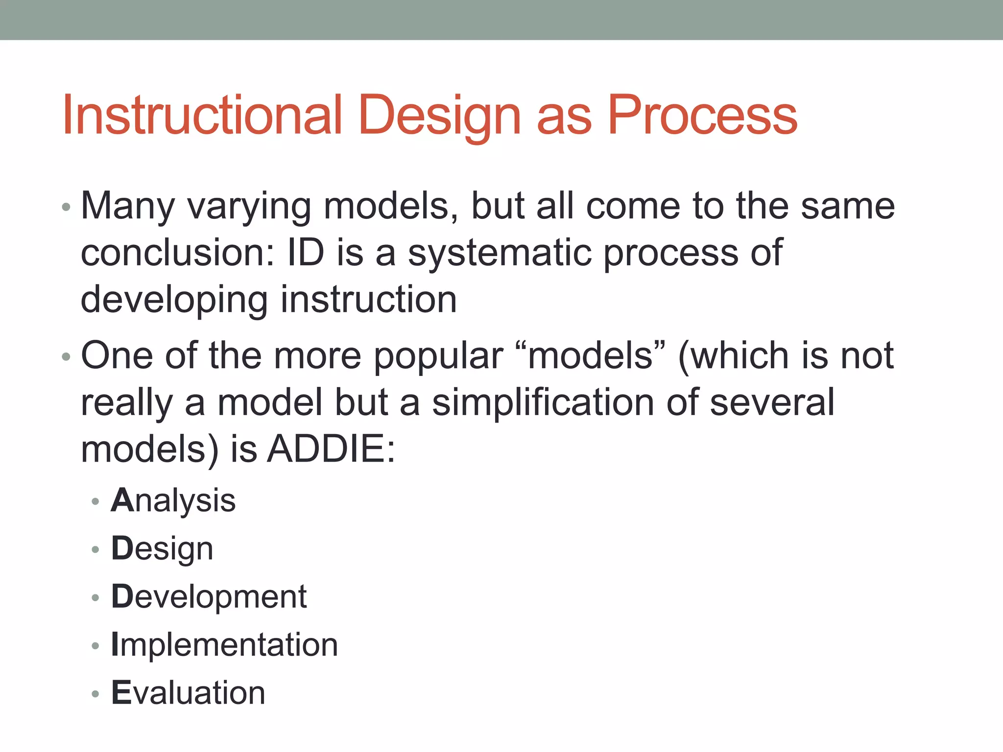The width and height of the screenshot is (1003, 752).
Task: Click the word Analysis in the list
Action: (x=173, y=501)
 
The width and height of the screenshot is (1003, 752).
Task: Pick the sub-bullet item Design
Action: (x=162, y=549)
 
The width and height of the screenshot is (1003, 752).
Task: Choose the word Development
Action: (x=209, y=597)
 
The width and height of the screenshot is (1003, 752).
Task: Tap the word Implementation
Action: (x=224, y=644)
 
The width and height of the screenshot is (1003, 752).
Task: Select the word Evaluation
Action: (x=188, y=693)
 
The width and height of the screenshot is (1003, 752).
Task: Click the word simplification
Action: (x=543, y=402)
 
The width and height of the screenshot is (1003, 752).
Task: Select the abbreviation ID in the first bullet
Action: (x=306, y=253)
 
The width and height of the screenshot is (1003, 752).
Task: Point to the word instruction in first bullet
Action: (x=368, y=299)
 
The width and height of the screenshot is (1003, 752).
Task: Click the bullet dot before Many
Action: (x=67, y=208)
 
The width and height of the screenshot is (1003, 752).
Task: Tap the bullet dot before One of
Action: (x=67, y=356)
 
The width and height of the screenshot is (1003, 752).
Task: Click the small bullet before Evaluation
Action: (x=96, y=693)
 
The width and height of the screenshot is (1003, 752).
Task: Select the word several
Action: (x=772, y=402)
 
